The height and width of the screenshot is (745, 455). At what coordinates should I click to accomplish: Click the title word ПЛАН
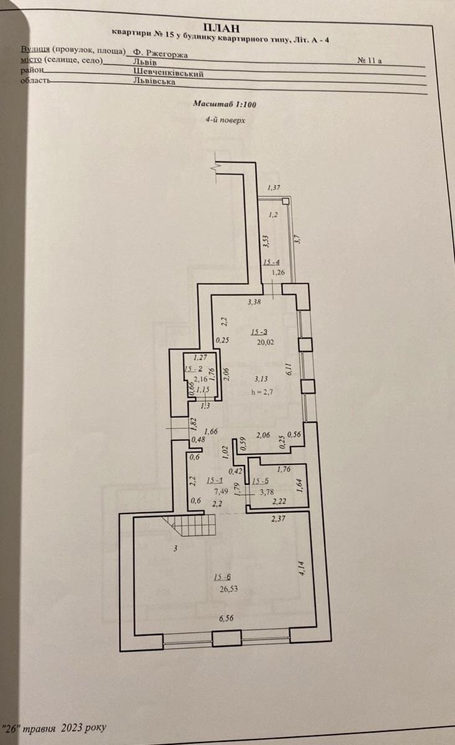point(220,27)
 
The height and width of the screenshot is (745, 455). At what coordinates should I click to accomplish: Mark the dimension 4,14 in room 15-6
point(302,568)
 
